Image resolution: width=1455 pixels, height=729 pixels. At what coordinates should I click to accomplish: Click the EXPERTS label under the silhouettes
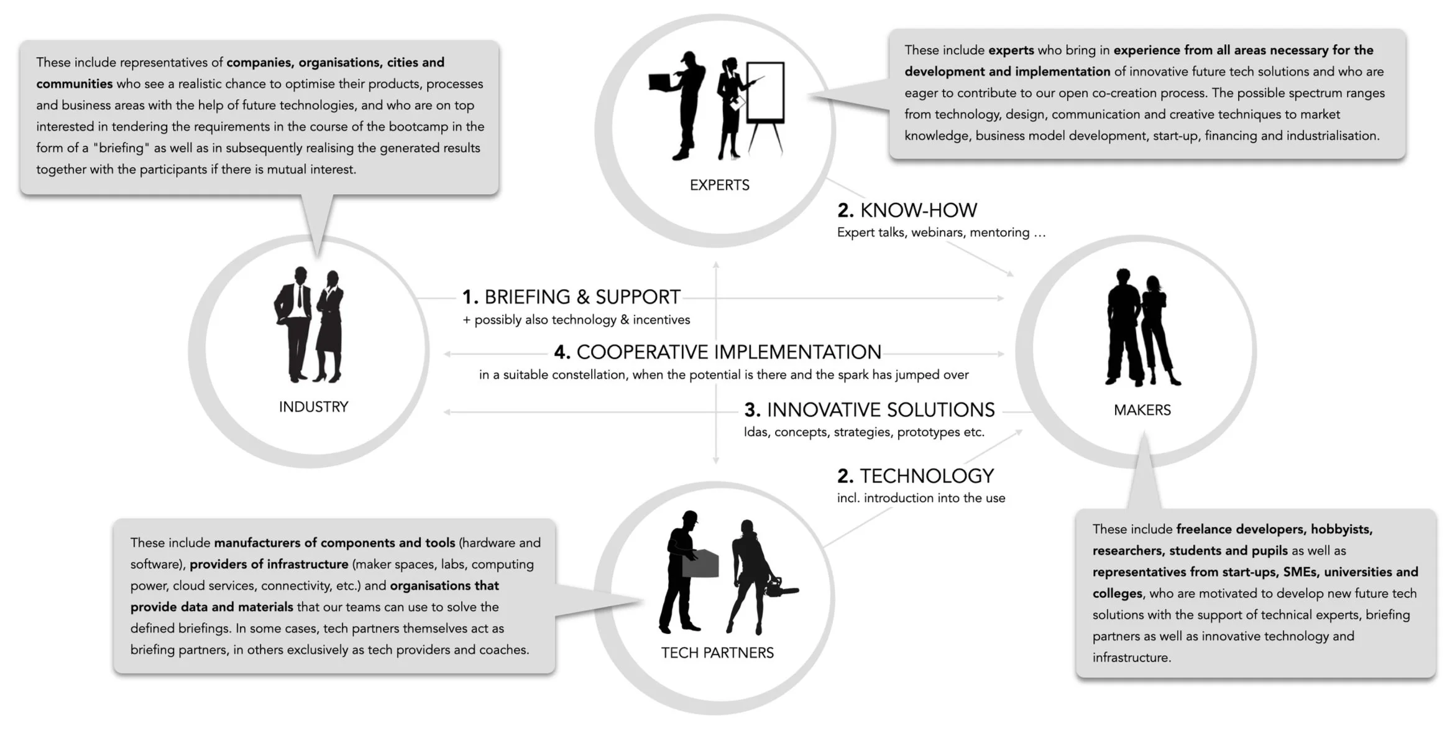click(x=719, y=185)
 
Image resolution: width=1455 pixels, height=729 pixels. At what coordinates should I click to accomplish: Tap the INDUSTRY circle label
click(x=313, y=407)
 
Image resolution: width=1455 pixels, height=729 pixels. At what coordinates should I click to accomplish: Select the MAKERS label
click(x=1142, y=410)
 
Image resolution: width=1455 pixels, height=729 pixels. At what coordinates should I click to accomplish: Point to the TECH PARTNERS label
click(x=717, y=652)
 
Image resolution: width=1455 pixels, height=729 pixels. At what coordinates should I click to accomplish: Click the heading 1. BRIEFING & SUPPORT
click(x=571, y=297)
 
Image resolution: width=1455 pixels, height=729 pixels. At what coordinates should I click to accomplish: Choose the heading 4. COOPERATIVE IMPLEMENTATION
click(x=718, y=352)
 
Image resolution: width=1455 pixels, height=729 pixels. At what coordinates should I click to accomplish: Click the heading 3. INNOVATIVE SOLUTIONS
click(x=870, y=410)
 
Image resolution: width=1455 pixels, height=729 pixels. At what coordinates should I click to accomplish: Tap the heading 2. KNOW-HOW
click(x=907, y=210)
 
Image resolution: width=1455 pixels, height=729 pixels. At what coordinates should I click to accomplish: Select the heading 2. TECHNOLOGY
click(x=915, y=476)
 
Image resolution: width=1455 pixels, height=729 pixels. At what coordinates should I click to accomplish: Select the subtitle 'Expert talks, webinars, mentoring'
click(x=941, y=233)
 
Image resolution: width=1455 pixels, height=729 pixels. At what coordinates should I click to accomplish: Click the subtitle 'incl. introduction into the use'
click(x=920, y=498)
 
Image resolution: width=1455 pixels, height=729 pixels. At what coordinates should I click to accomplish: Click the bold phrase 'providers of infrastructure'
click(x=269, y=564)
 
